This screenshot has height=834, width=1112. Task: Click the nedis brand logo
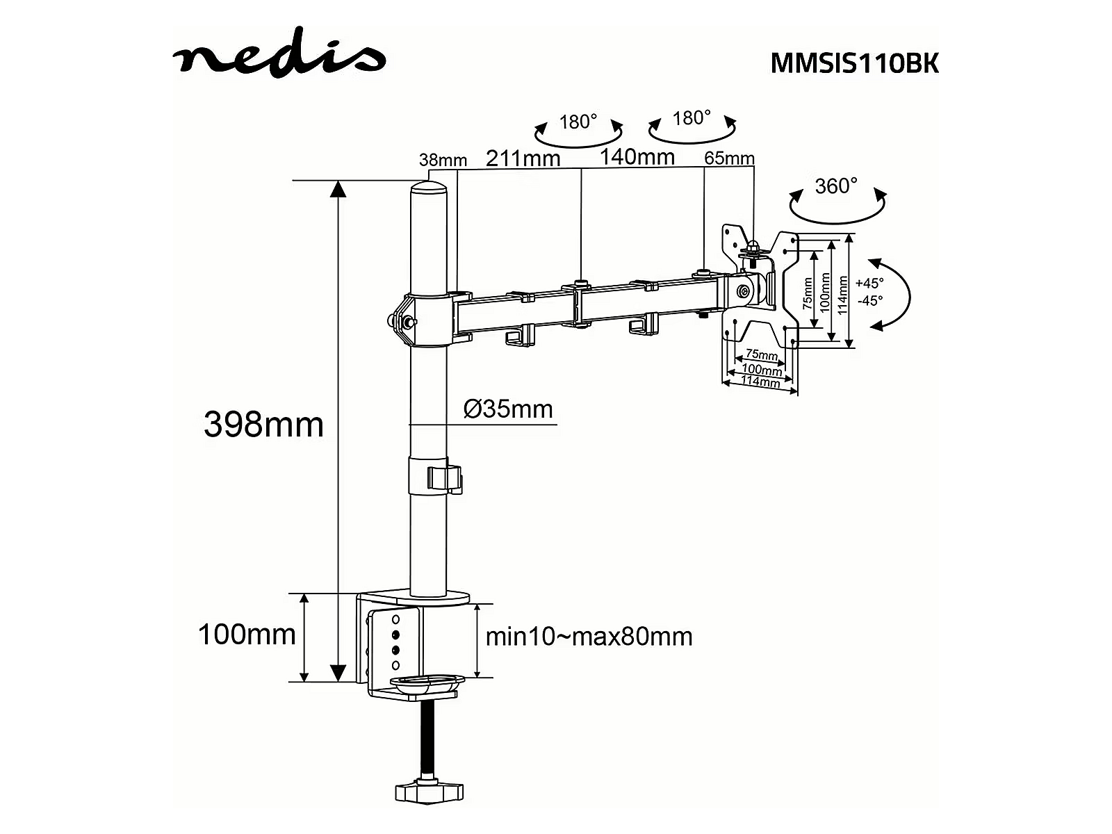click(279, 54)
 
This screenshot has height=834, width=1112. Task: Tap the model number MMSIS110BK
click(855, 64)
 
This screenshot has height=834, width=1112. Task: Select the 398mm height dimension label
click(263, 425)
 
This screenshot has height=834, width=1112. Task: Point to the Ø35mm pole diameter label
click(508, 409)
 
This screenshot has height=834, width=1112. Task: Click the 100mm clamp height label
click(247, 635)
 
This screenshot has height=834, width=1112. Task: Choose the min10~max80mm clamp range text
click(589, 637)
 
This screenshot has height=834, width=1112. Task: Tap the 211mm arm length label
click(523, 158)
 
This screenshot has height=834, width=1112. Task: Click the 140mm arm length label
click(637, 157)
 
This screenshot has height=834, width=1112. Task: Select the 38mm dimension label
click(443, 160)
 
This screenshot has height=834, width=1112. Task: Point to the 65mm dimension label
click(729, 158)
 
